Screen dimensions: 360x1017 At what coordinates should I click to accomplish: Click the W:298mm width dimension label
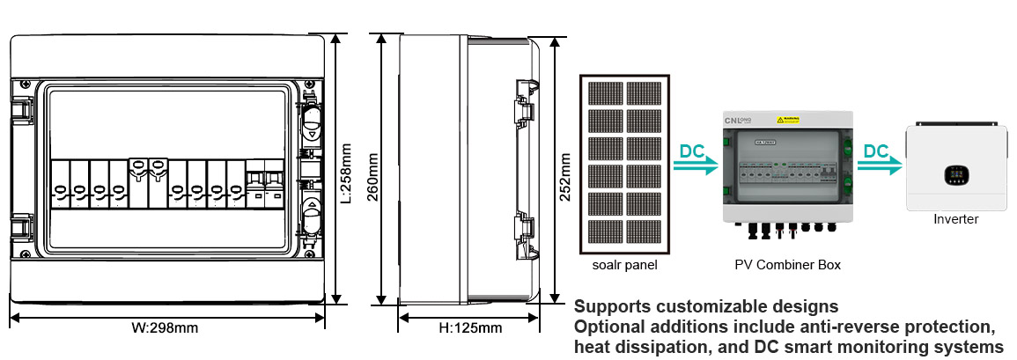click(165, 328)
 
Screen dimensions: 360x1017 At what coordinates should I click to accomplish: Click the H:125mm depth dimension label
click(470, 328)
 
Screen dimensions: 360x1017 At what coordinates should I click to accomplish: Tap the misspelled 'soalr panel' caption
click(625, 264)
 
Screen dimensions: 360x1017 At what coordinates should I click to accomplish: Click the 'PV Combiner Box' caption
click(787, 264)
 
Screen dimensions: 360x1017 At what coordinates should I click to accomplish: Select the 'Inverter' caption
click(955, 219)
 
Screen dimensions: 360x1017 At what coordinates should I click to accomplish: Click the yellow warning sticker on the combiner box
click(787, 119)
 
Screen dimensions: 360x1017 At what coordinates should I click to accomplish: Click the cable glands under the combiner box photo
click(787, 231)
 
